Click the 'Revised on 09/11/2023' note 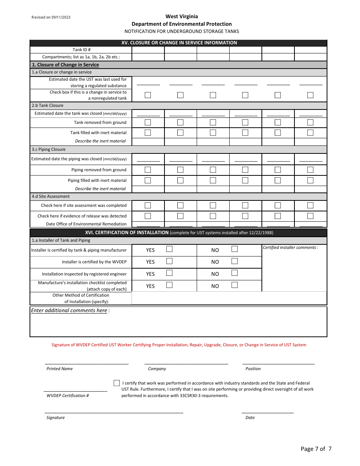51,17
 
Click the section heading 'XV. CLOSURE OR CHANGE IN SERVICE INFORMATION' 179,43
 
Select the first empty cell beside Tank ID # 148,50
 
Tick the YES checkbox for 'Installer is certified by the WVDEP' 169,261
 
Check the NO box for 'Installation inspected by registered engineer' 235,273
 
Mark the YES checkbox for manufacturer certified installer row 169,249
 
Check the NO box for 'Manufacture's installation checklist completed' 235,285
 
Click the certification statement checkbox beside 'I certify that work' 117,383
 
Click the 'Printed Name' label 59,369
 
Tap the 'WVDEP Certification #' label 67,396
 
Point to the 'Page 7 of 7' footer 316,449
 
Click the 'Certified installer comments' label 290,247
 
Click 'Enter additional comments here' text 69,310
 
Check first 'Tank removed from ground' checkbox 148,122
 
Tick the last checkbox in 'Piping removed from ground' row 310,170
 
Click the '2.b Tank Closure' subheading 48,105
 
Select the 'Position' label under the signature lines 253,369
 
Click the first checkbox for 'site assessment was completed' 148,205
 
